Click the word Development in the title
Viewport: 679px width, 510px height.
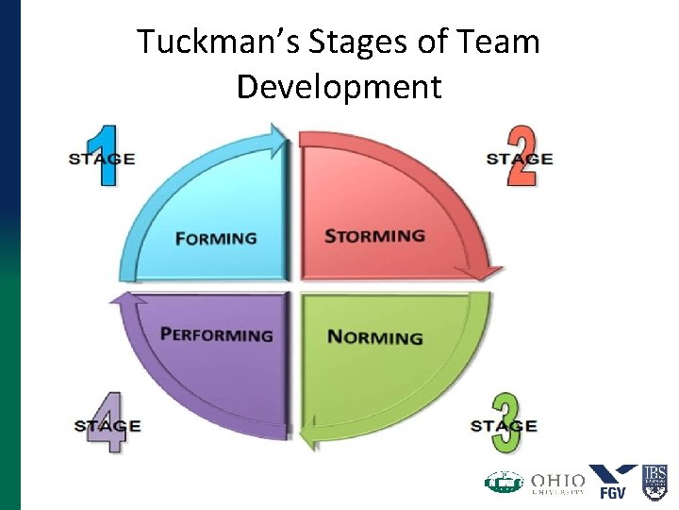tap(339, 86)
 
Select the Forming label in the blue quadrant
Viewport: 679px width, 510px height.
tap(216, 238)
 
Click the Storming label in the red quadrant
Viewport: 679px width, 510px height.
tap(374, 235)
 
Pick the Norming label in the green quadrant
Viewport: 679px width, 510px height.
tap(374, 337)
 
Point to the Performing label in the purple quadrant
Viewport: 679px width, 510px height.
tap(217, 334)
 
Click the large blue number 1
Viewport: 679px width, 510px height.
tap(107, 155)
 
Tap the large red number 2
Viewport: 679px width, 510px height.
tap(522, 155)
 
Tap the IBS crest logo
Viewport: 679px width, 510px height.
tap(654, 481)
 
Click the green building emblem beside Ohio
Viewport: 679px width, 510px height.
tap(504, 483)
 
